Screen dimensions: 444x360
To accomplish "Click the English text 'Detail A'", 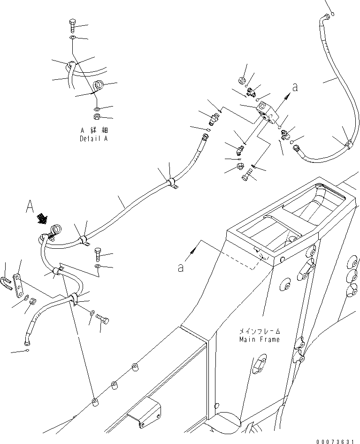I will (94, 139).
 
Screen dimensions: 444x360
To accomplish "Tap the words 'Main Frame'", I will (259, 339).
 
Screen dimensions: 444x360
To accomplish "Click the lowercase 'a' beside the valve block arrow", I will (295, 87).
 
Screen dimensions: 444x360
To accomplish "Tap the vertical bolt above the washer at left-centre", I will (98, 254).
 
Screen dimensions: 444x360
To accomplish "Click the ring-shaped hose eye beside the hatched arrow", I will (56, 230).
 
